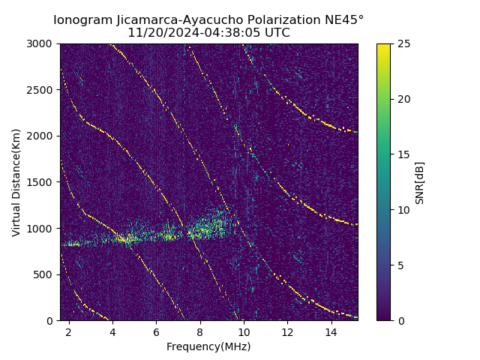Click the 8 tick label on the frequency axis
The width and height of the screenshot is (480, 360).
pos(200,331)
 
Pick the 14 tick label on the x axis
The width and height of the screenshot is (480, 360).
pos(331,331)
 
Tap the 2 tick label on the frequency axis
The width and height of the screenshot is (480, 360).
pos(69,331)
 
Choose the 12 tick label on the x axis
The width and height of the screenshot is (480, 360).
pos(287,331)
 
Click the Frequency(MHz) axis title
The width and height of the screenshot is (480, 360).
pos(208,346)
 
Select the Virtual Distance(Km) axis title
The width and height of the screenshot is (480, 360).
pos(16,182)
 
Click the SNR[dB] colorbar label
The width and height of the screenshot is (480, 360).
pos(420,182)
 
